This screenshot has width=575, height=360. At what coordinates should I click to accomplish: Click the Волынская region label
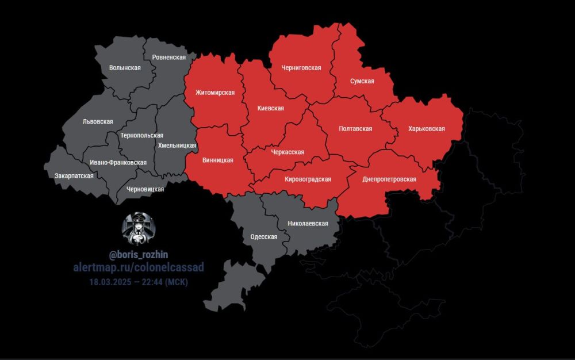point(125,68)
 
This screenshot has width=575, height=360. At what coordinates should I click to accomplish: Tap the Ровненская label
point(168,58)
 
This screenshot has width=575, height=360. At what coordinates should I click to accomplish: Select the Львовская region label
point(98,122)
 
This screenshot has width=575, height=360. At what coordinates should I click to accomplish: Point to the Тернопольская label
point(142,136)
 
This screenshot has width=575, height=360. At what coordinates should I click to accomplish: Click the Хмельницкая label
point(177,146)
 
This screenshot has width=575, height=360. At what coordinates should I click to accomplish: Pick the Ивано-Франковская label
point(118,163)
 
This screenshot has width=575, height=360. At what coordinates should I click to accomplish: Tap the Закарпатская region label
point(74,175)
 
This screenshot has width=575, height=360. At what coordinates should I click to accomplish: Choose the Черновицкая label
point(145,189)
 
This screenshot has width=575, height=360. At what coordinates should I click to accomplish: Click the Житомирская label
point(215,93)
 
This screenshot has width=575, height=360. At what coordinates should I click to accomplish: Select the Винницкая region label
point(218,160)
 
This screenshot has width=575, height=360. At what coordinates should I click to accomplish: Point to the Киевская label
point(270,108)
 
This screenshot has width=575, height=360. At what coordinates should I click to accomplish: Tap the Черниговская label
point(301,68)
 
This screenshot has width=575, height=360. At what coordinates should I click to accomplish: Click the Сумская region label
point(362,81)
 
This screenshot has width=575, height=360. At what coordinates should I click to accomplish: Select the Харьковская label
point(426,129)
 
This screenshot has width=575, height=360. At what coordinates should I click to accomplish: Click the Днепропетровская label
point(389,179)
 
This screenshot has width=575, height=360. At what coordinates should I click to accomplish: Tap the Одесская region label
point(264,237)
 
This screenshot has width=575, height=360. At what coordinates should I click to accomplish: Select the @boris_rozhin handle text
point(139,254)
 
